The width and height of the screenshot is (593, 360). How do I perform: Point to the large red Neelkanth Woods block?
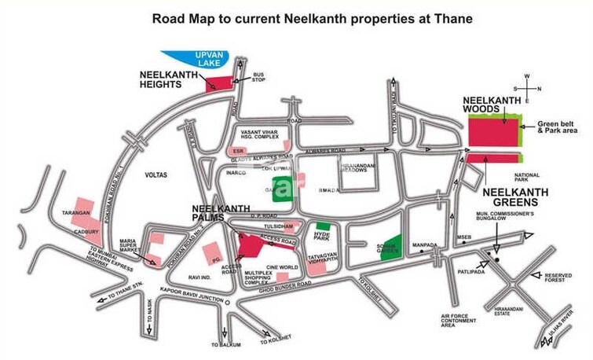pos(492,130)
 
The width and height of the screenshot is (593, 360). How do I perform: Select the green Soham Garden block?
pos(390,245)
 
